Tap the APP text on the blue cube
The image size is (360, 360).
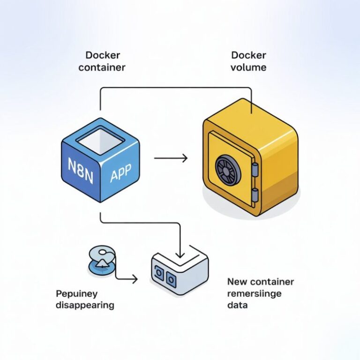[120, 176]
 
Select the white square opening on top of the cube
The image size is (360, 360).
[100, 140]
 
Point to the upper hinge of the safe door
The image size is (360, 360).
[254, 169]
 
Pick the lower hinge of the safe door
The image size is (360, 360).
[254, 194]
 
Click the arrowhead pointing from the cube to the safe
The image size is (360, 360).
[185, 158]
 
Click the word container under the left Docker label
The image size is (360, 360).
[102, 67]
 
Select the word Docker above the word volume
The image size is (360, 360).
[248, 55]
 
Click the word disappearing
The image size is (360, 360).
[85, 305]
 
